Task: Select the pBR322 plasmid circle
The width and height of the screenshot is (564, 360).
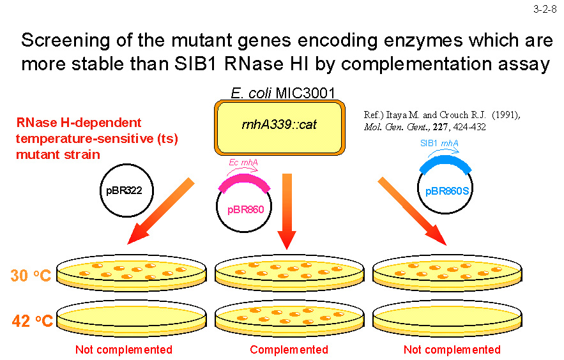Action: pyautogui.click(x=125, y=190)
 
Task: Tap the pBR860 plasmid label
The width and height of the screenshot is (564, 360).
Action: pyautogui.click(x=246, y=209)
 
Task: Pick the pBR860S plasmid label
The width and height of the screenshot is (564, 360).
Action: pyautogui.click(x=446, y=190)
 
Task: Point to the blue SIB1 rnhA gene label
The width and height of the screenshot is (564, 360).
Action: pyautogui.click(x=439, y=144)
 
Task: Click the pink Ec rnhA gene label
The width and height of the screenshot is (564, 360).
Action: pyautogui.click(x=243, y=163)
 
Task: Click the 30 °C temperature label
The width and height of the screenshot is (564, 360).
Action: pyautogui.click(x=31, y=275)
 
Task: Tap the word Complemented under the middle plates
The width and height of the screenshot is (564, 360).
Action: pyautogui.click(x=289, y=350)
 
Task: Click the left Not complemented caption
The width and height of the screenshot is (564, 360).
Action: pyautogui.click(x=124, y=350)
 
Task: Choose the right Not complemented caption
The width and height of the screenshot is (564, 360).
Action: pyautogui.click(x=452, y=350)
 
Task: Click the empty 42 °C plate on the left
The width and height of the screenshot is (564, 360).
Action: pyautogui.click(x=132, y=317)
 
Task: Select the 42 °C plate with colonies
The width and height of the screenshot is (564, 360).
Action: pyautogui.click(x=290, y=317)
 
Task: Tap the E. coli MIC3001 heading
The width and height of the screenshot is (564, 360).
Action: pyautogui.click(x=283, y=93)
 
